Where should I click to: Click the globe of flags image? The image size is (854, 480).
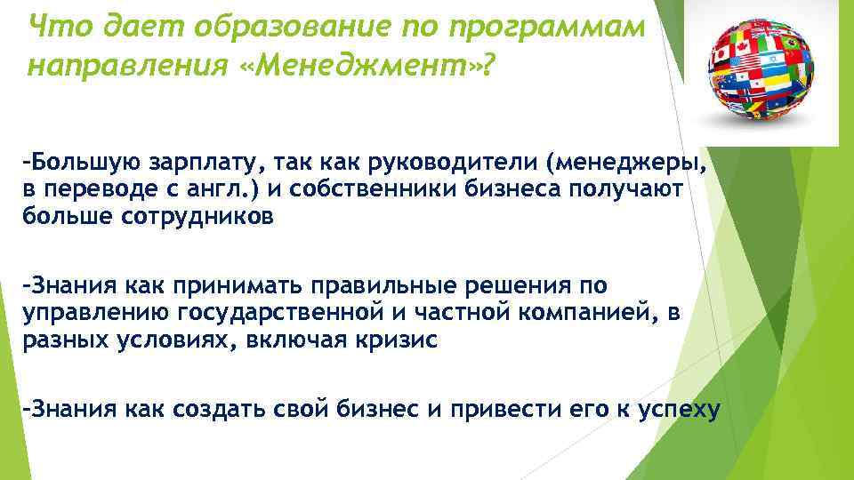point(766,68)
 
